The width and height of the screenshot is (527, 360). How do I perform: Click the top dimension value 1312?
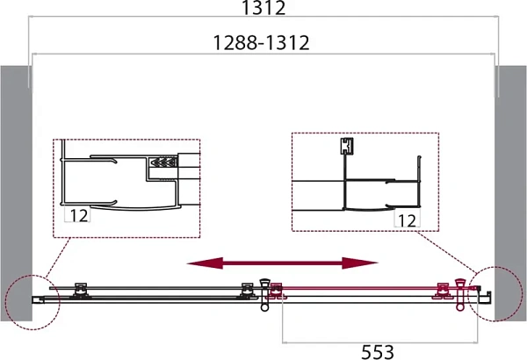pyautogui.click(x=263, y=7)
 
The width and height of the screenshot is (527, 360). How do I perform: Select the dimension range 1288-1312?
pyautogui.click(x=262, y=43)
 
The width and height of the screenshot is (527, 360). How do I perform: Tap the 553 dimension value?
pyautogui.click(x=378, y=352)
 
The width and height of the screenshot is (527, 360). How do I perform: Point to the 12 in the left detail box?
pyautogui.click(x=79, y=215)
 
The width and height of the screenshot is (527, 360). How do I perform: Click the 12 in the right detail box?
pyautogui.click(x=407, y=220)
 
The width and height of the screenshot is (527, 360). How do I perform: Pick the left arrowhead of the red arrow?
pyautogui.click(x=205, y=263)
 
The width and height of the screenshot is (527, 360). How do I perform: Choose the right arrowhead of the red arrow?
pyautogui.click(x=360, y=263)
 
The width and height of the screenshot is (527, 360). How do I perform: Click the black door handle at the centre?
pyautogui.click(x=264, y=294)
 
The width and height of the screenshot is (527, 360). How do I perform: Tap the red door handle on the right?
pyautogui.click(x=459, y=294)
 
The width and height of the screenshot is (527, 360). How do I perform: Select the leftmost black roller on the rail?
pyautogui.click(x=80, y=290)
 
